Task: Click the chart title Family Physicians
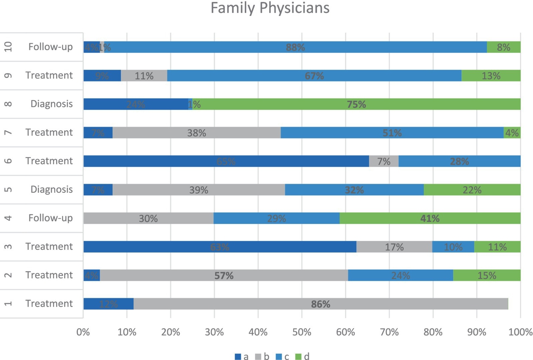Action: pos(270,8)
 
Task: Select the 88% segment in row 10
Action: pos(295,47)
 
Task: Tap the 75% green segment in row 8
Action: pos(356,104)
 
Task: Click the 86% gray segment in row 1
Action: pos(321,304)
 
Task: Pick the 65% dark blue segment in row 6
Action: pos(226,161)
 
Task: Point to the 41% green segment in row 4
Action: pos(430,218)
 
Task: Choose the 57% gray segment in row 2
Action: pos(224,276)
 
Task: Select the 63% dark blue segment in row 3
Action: pos(220,247)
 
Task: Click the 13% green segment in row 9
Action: pos(491,76)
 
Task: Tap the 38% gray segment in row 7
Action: pos(196,133)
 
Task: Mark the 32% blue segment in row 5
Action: pos(354,190)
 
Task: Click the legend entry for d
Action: pos(302,357)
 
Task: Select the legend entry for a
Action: pos(242,357)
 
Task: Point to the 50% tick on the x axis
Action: pos(302,332)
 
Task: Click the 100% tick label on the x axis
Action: pos(520,332)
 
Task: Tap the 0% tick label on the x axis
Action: pos(83,332)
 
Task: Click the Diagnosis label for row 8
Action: pos(52,104)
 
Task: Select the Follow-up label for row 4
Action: pos(51,218)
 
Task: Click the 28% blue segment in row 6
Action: pos(459,161)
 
